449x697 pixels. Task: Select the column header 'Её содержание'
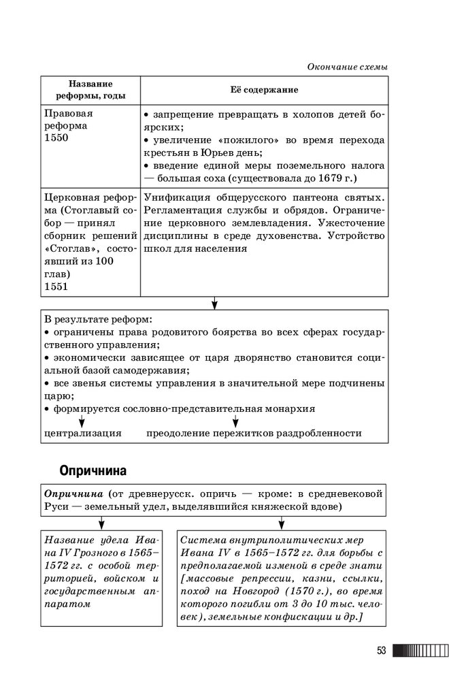click(264, 90)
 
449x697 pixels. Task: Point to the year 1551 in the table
click(56, 287)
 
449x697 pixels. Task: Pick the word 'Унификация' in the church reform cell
click(174, 197)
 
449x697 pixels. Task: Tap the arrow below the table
click(214, 302)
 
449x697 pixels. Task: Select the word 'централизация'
click(83, 433)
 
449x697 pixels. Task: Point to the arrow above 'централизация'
click(86, 419)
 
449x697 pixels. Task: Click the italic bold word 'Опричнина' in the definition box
click(73, 493)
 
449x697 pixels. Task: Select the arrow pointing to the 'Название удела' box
click(101, 523)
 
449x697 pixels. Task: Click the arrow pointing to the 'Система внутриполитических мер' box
click(281, 523)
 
